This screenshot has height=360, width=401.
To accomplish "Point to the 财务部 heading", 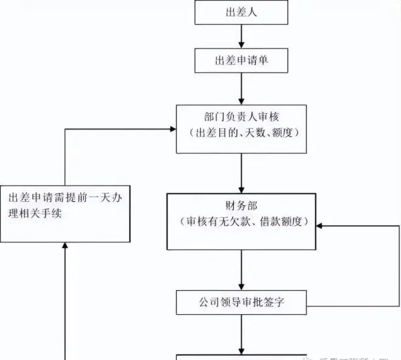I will coord(242,206).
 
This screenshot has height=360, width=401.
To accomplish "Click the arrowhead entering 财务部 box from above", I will coord(242,189).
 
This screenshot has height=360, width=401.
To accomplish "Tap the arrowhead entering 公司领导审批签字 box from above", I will coord(242,285).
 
